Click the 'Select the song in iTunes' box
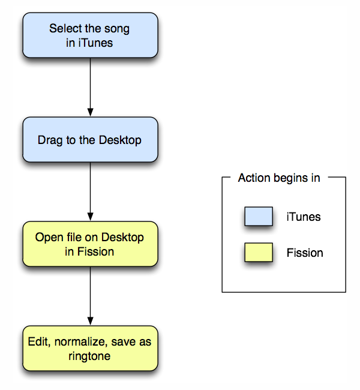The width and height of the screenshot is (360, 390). coord(91,35)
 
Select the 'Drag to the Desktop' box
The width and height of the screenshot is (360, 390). coord(91,140)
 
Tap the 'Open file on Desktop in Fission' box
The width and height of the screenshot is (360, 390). coord(91,244)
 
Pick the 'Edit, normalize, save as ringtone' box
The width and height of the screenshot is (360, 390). coord(91,349)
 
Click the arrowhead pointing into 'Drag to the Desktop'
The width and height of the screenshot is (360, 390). coord(91,112)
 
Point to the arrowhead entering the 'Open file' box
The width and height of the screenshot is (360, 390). coord(91,217)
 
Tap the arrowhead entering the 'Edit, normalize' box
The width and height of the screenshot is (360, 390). coord(91,322)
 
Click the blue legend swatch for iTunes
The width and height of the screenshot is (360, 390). coord(259,217)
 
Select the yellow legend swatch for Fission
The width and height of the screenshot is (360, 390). coord(259,252)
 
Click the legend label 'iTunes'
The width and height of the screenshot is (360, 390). coord(304,217)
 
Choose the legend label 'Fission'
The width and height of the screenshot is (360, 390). coord(305,253)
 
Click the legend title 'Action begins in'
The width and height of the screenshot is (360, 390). coord(279,178)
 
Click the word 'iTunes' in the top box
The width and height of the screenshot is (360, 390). coord(95,43)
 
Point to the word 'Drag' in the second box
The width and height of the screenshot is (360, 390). coord(50,140)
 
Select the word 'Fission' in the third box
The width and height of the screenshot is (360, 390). coord(95,252)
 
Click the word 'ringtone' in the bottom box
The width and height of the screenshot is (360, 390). coord(89,356)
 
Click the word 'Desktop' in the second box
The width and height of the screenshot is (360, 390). coord(120,140)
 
